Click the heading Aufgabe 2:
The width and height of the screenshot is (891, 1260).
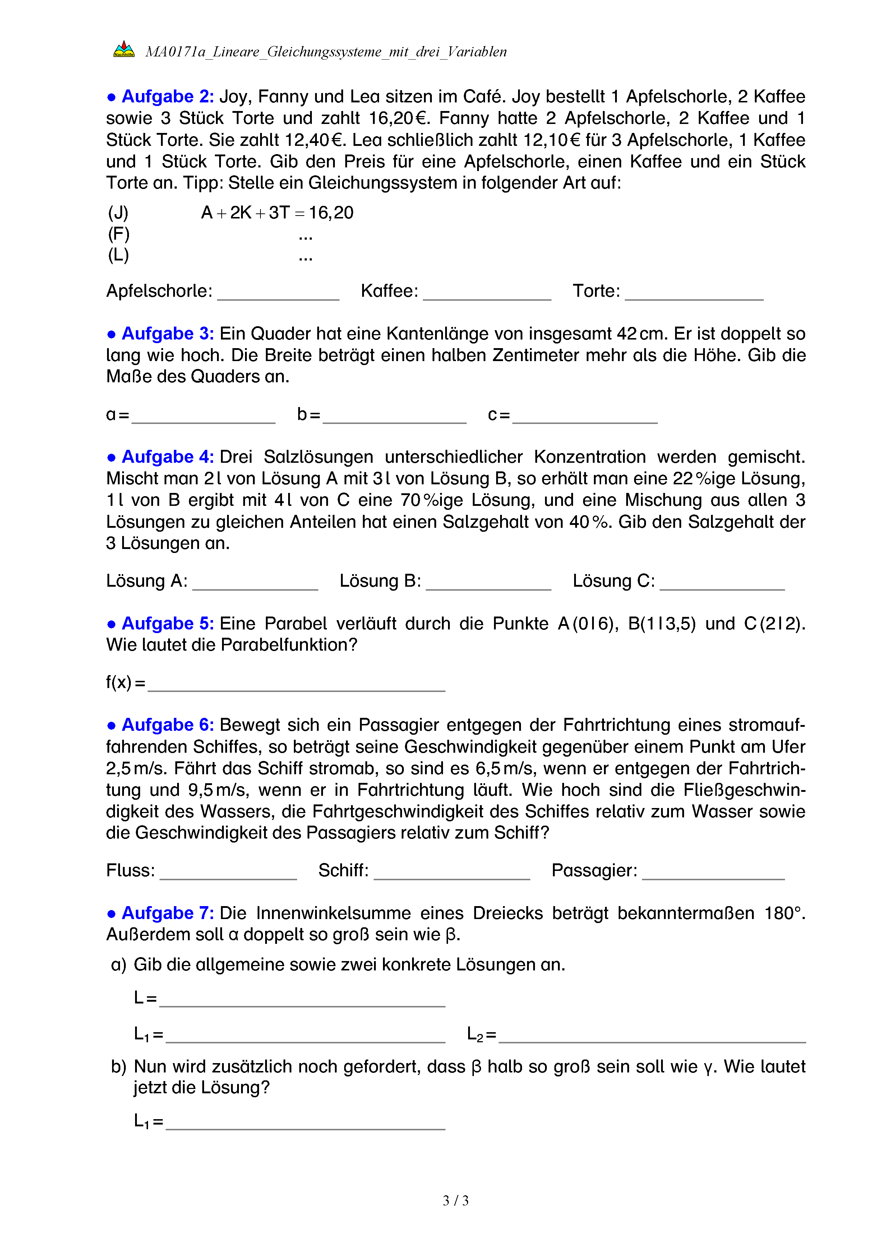coord(168,97)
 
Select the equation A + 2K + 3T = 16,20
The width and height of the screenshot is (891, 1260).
coord(277,212)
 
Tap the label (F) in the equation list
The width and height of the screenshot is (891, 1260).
coord(119,234)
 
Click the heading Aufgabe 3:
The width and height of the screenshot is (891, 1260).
coord(168,334)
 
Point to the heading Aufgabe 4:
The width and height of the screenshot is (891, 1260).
coord(168,457)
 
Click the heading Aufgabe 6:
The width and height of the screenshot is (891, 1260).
coord(168,725)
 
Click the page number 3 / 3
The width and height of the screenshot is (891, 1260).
coord(455,1201)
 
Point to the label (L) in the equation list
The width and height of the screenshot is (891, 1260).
coord(119,255)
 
